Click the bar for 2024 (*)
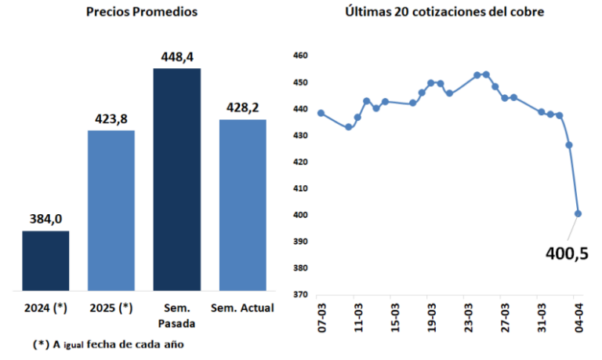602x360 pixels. [45, 261]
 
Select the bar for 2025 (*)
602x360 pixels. [111, 211]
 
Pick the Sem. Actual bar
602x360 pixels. [242, 205]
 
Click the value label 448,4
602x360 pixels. [176, 57]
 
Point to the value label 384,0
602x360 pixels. [45, 220]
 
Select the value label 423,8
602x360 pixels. [111, 119]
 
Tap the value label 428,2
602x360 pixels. [242, 108]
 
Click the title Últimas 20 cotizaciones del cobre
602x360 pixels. [444, 13]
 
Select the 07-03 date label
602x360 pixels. [321, 319]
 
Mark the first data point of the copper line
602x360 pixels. [321, 113]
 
